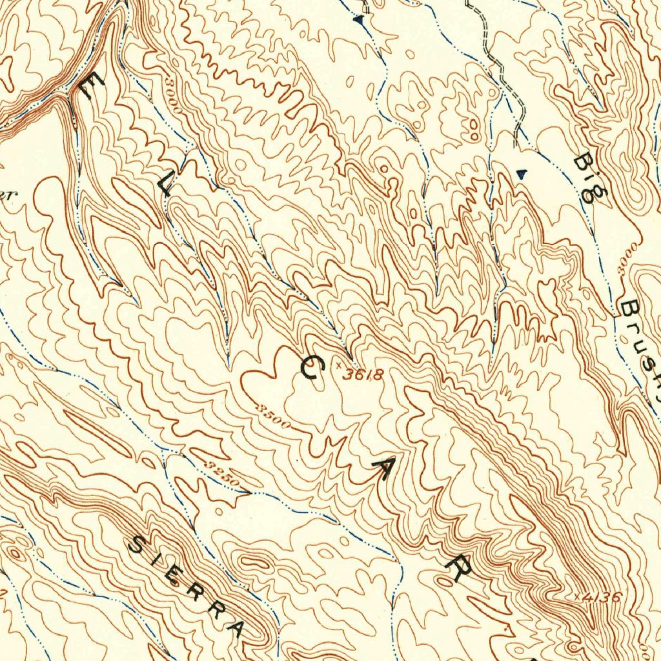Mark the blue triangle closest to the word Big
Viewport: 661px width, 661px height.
click(x=523, y=173)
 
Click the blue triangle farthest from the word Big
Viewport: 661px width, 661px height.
click(x=359, y=21)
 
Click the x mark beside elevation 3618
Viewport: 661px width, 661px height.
click(x=338, y=365)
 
